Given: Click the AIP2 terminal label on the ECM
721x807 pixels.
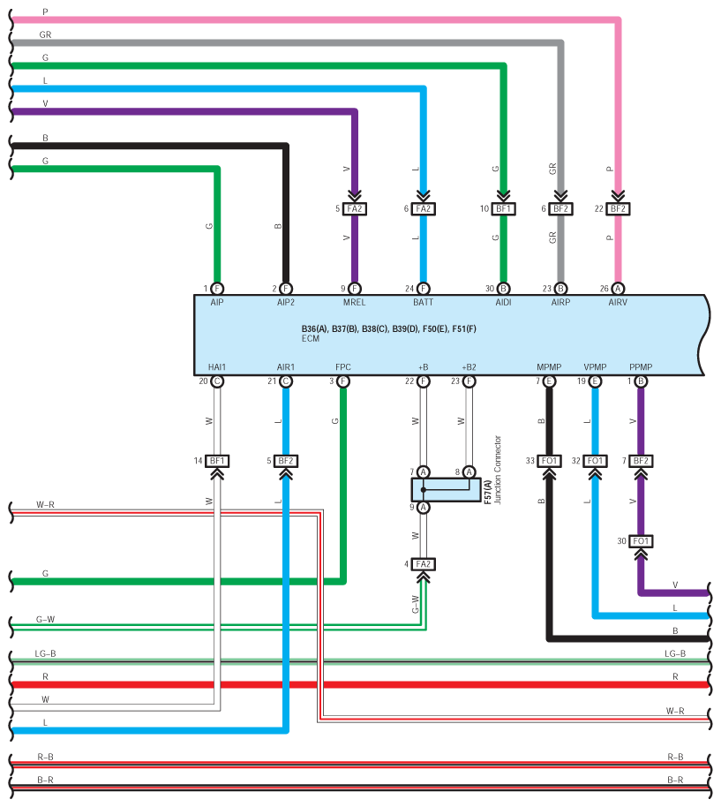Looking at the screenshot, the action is pyautogui.click(x=285, y=302).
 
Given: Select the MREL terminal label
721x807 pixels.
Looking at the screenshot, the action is pyautogui.click(x=355, y=302).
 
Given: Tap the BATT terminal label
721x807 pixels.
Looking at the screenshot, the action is pyautogui.click(x=424, y=302).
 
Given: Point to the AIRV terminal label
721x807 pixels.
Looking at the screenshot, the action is pyautogui.click(x=618, y=302).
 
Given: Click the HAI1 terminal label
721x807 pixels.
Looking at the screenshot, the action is pyautogui.click(x=217, y=367).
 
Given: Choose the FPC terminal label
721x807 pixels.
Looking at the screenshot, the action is pyautogui.click(x=343, y=367).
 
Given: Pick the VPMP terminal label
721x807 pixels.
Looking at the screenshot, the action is pyautogui.click(x=595, y=367).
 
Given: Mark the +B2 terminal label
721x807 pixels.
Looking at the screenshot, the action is pyautogui.click(x=469, y=367).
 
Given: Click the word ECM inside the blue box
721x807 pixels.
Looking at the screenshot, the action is pyautogui.click(x=311, y=338).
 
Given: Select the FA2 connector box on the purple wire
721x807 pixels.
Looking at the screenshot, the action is pyautogui.click(x=355, y=209).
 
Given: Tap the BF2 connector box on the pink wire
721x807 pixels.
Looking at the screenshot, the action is pyautogui.click(x=618, y=209).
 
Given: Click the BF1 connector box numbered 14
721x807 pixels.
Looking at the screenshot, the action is pyautogui.click(x=217, y=461).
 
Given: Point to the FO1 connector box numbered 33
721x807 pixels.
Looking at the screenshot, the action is pyautogui.click(x=549, y=461).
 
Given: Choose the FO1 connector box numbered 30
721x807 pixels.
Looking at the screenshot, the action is pyautogui.click(x=641, y=541).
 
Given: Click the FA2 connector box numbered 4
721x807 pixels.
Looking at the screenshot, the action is pyautogui.click(x=424, y=564).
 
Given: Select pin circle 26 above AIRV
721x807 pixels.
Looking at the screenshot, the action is pyautogui.click(x=618, y=289).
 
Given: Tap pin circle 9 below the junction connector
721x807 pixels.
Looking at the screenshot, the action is pyautogui.click(x=424, y=508).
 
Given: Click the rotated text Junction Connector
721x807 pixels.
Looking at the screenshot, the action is pyautogui.click(x=498, y=470).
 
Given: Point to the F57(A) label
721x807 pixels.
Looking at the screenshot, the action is pyautogui.click(x=487, y=492).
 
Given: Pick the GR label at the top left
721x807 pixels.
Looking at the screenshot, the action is pyautogui.click(x=45, y=34).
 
